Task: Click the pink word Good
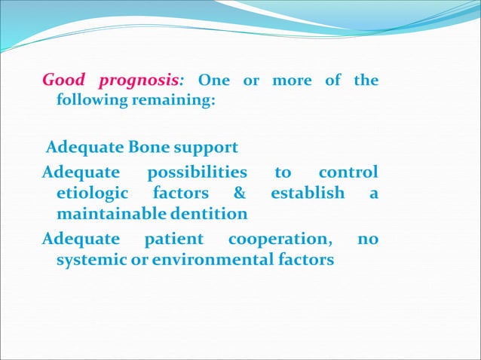(x=63, y=80)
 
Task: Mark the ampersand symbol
(x=240, y=193)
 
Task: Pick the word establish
(x=308, y=193)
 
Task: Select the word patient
(x=173, y=239)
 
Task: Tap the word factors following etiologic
(x=181, y=193)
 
